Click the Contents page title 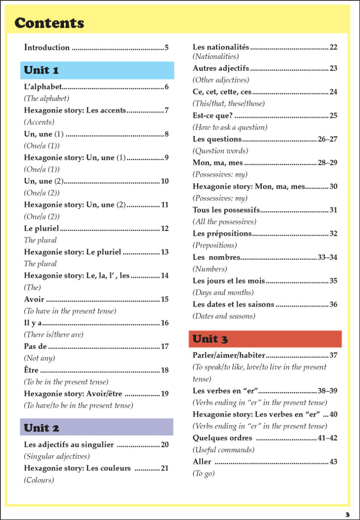click(x=49, y=23)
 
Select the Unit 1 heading click(x=41, y=70)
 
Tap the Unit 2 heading click(x=41, y=427)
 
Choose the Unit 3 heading click(x=210, y=339)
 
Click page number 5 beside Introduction click(x=167, y=47)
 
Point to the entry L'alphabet click(x=43, y=87)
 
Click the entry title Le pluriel click(x=42, y=228)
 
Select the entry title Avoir click(x=34, y=300)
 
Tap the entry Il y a click(x=33, y=323)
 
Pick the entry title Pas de click(x=35, y=347)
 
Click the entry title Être click(x=31, y=370)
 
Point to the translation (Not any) click(x=40, y=358)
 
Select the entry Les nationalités click(x=221, y=47)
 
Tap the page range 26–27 click(x=327, y=139)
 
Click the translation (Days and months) click(x=223, y=292)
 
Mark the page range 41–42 click(x=327, y=438)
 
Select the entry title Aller click(x=202, y=462)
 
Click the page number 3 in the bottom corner click(x=347, y=514)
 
